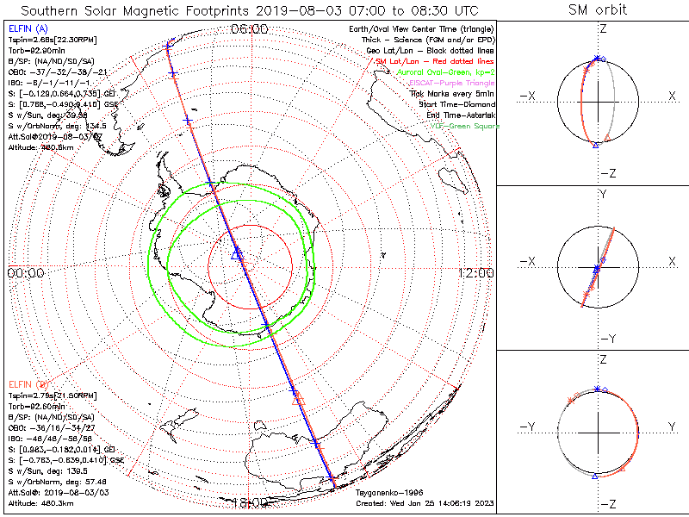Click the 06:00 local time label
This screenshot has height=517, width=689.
point(250,29)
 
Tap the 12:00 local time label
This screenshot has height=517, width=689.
point(475,272)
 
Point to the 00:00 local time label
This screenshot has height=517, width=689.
point(25,272)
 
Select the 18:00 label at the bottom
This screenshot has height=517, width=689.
point(250,501)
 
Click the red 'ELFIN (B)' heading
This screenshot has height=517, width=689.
point(26,383)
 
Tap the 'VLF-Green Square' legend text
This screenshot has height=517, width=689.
point(464,126)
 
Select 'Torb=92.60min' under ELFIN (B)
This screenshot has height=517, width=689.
point(34,403)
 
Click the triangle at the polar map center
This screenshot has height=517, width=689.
point(238,254)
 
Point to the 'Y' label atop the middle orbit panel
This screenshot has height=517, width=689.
point(602,195)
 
